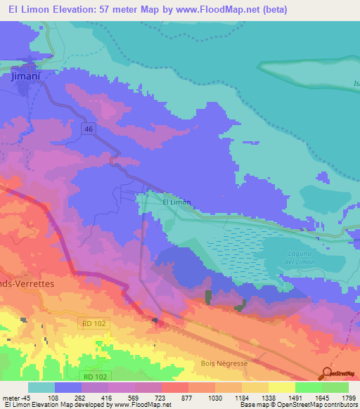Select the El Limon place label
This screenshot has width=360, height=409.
[176, 202]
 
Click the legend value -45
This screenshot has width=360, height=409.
[26, 397]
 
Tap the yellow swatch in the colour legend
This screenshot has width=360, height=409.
[281, 387]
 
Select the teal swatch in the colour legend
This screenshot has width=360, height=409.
[41, 387]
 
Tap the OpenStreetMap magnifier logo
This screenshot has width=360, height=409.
[327, 373]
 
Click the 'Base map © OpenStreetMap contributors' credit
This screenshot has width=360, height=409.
[297, 405]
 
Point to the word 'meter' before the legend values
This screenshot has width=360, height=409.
[11, 397]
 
